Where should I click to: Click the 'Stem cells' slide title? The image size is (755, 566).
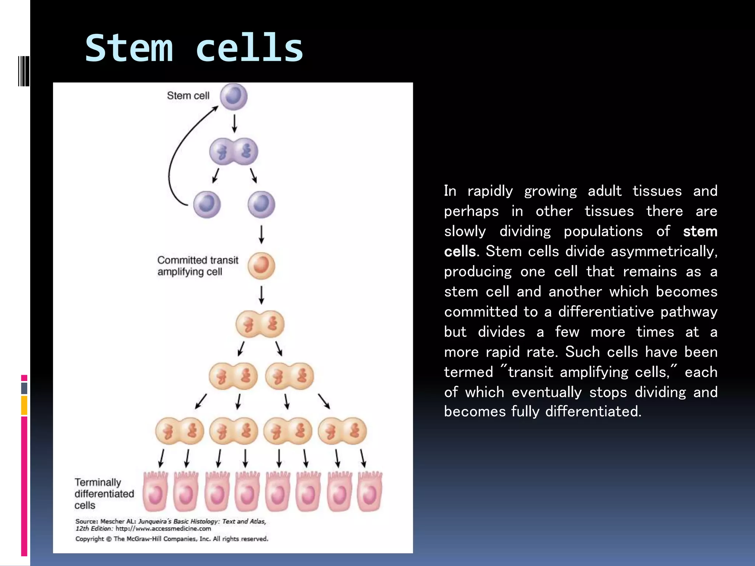(194, 48)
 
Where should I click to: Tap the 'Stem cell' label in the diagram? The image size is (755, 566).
(188, 95)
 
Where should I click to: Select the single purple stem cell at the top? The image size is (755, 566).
(234, 97)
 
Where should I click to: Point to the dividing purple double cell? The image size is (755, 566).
(234, 151)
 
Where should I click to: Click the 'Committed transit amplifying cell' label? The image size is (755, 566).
(198, 266)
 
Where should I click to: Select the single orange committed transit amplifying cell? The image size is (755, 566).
(261, 266)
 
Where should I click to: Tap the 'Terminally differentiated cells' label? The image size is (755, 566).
(104, 493)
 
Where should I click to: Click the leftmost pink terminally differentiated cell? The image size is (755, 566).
(155, 492)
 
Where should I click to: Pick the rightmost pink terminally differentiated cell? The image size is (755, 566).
(370, 492)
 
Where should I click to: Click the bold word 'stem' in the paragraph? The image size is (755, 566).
(700, 231)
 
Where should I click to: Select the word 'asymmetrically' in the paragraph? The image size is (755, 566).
(664, 251)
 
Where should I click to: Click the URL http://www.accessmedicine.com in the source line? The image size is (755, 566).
(163, 528)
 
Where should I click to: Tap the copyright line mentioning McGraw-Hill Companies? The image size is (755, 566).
(172, 539)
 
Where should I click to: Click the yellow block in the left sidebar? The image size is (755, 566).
(24, 405)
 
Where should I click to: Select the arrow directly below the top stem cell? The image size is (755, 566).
(234, 123)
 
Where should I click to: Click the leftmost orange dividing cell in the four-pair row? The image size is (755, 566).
(180, 431)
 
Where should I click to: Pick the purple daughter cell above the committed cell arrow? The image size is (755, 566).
(261, 205)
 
